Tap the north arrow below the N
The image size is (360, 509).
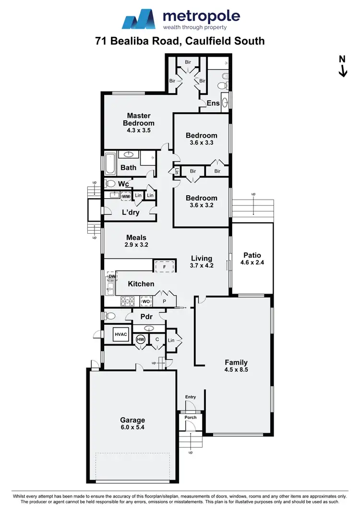(x=343, y=71)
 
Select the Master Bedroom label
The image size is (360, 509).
(x=139, y=119)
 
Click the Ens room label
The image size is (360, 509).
(x=213, y=103)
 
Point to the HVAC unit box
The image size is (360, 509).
(x=120, y=335)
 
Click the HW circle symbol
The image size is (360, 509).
(x=141, y=339)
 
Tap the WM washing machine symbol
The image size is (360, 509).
(x=125, y=196)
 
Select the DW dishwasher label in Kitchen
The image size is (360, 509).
(x=111, y=276)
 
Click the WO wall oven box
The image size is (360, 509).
(x=146, y=302)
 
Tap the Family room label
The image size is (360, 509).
(x=236, y=363)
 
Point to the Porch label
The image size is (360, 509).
(x=191, y=417)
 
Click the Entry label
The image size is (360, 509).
(x=191, y=397)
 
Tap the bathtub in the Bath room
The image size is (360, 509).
(x=111, y=163)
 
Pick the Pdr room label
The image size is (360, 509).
(x=146, y=317)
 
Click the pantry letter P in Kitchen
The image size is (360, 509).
(x=164, y=301)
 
